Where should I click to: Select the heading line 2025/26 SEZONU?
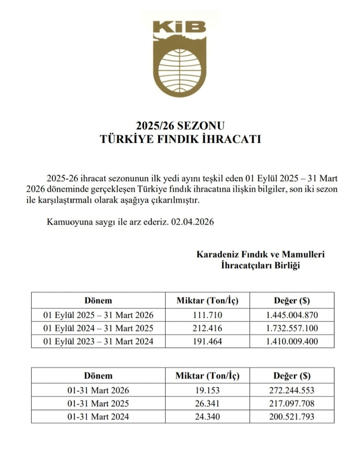coord(180,126)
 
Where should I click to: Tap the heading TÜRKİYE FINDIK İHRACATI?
coord(180,139)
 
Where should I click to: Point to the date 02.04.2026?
coord(192,222)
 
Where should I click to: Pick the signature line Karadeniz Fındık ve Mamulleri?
coord(260,254)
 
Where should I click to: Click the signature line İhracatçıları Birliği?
coord(260,265)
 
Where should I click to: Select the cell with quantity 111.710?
coord(207,315)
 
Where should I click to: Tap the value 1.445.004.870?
coord(292,315)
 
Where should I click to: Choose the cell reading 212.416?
coord(207,328)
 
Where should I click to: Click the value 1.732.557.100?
coord(292,328)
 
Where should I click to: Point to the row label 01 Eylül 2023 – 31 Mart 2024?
coord(98,341)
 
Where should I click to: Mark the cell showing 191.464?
coord(207,341)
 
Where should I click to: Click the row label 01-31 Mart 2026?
coord(98,390)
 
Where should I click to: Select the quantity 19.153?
coord(207,390)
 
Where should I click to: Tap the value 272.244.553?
coord(292,390)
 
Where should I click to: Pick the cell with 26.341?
coord(207,404)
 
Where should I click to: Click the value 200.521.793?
coord(292,417)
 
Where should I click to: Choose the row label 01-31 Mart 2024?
coord(98,417)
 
